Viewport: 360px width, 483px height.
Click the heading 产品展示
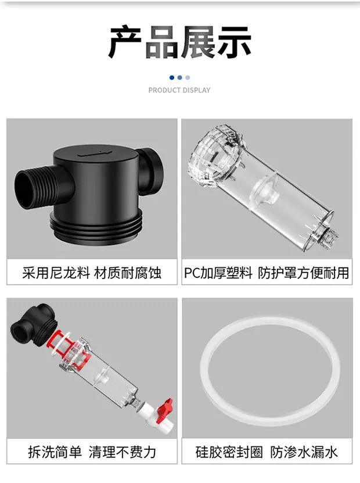[x=179, y=42]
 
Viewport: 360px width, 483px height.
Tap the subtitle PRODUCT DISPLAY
[x=179, y=90]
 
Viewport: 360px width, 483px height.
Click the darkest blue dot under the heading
[x=172, y=78]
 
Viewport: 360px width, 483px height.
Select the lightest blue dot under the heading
[x=188, y=78]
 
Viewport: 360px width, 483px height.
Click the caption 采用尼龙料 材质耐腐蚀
[x=91, y=273]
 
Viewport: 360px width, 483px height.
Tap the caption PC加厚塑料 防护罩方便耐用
[x=267, y=273]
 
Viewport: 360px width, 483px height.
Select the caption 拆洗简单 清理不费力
[x=92, y=452]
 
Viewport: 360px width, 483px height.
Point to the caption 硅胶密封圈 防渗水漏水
[x=267, y=452]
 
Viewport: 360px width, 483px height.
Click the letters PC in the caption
[x=192, y=273]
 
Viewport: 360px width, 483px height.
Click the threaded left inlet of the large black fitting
[x=34, y=188]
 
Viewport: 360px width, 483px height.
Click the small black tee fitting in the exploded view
[x=34, y=323]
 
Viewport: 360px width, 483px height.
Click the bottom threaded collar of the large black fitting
[x=96, y=226]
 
